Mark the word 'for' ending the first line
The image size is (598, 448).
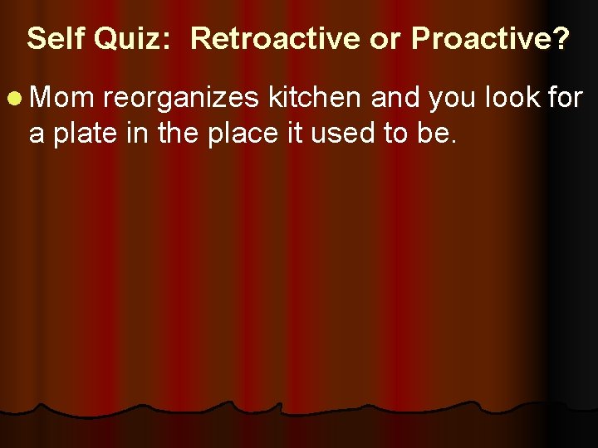point(565,99)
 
